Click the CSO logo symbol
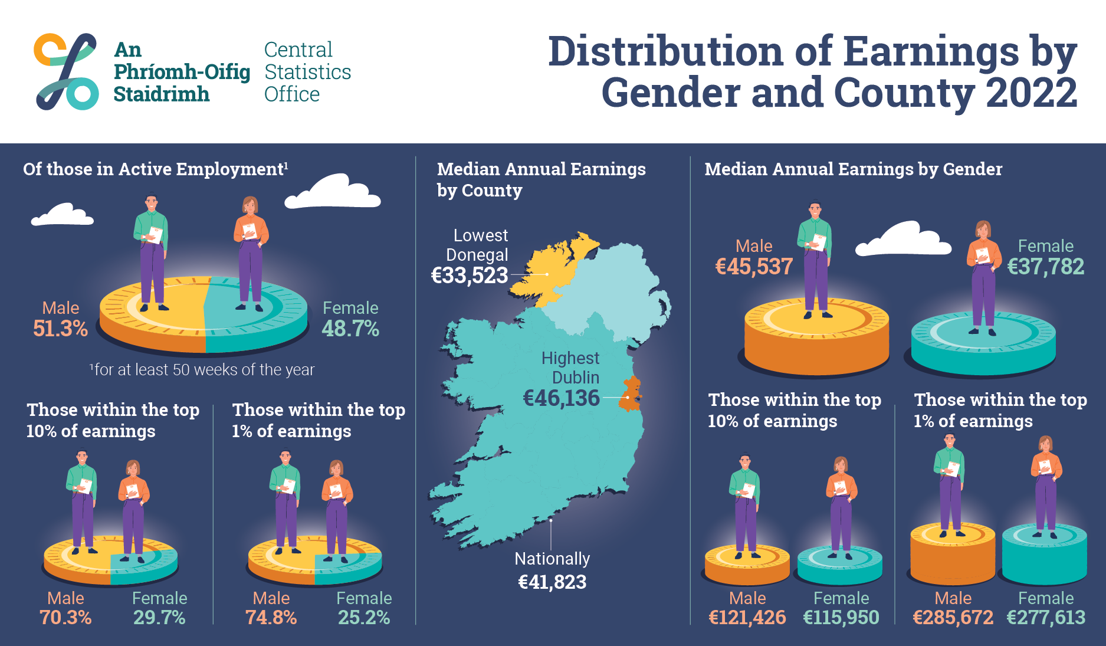[x=66, y=71]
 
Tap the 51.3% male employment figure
[x=60, y=329]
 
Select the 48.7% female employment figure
[x=350, y=329]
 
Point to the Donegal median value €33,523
[x=470, y=276]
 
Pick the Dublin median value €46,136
[x=561, y=398]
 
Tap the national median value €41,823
[x=552, y=582]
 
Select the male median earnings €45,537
[x=754, y=267]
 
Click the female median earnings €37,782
[x=1045, y=267]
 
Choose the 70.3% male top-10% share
[x=65, y=618]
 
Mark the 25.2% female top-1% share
[x=364, y=618]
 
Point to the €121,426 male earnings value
[x=747, y=618]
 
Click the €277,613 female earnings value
[x=1046, y=618]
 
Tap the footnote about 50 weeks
[x=202, y=370]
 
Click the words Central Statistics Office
[x=307, y=72]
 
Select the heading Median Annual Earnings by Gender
[x=853, y=169]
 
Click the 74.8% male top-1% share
[x=271, y=618]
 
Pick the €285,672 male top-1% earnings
[x=953, y=618]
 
